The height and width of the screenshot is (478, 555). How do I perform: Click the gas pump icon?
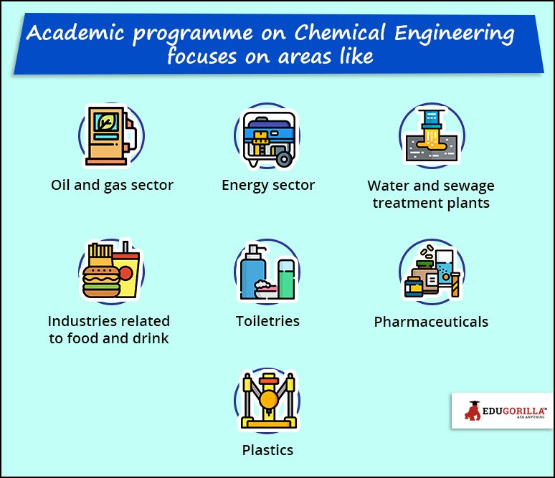click(111, 136)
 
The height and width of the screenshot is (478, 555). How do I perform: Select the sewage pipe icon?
click(432, 135)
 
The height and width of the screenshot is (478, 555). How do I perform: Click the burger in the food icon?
click(101, 281)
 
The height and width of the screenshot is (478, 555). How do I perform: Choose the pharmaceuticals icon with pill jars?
click(432, 272)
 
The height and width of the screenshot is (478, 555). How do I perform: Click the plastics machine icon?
click(268, 401)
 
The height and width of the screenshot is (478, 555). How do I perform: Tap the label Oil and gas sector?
click(112, 186)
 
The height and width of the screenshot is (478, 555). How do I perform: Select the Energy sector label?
click(268, 186)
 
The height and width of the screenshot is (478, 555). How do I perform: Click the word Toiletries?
click(267, 321)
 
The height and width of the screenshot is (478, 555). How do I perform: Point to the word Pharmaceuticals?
click(431, 322)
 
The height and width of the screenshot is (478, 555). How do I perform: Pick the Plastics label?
click(267, 450)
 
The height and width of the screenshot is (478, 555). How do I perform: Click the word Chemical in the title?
click(340, 32)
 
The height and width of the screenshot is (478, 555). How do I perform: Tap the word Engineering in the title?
click(454, 34)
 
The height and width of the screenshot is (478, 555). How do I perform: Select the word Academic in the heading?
click(75, 32)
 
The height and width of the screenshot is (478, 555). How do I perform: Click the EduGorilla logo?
click(503, 411)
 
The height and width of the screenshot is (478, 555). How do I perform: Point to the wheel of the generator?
click(284, 159)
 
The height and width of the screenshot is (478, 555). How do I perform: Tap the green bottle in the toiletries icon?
click(286, 279)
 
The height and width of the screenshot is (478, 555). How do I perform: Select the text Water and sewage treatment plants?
click(431, 194)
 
